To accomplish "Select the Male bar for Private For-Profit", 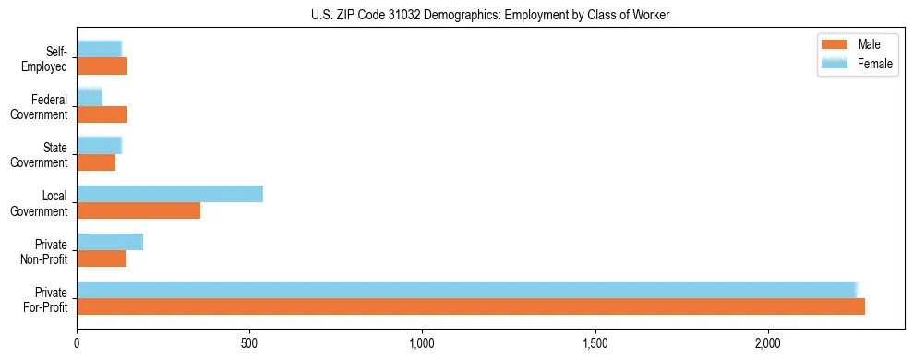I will pyautogui.click(x=471, y=306).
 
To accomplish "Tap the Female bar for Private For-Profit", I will pyautogui.click(x=467, y=290).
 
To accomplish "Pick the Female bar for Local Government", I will pyautogui.click(x=170, y=194).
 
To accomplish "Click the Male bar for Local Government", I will pyautogui.click(x=138, y=210).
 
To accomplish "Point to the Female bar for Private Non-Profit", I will pyautogui.click(x=110, y=242).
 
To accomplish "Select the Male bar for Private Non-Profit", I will pyautogui.click(x=102, y=258).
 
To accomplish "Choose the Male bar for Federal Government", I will pyautogui.click(x=102, y=114).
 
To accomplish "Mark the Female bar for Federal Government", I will pyautogui.click(x=90, y=98).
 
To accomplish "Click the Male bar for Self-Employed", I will pyautogui.click(x=102, y=66).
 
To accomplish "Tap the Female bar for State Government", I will pyautogui.click(x=99, y=146).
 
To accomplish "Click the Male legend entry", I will pyautogui.click(x=858, y=45).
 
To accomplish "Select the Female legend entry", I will pyautogui.click(x=858, y=64).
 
